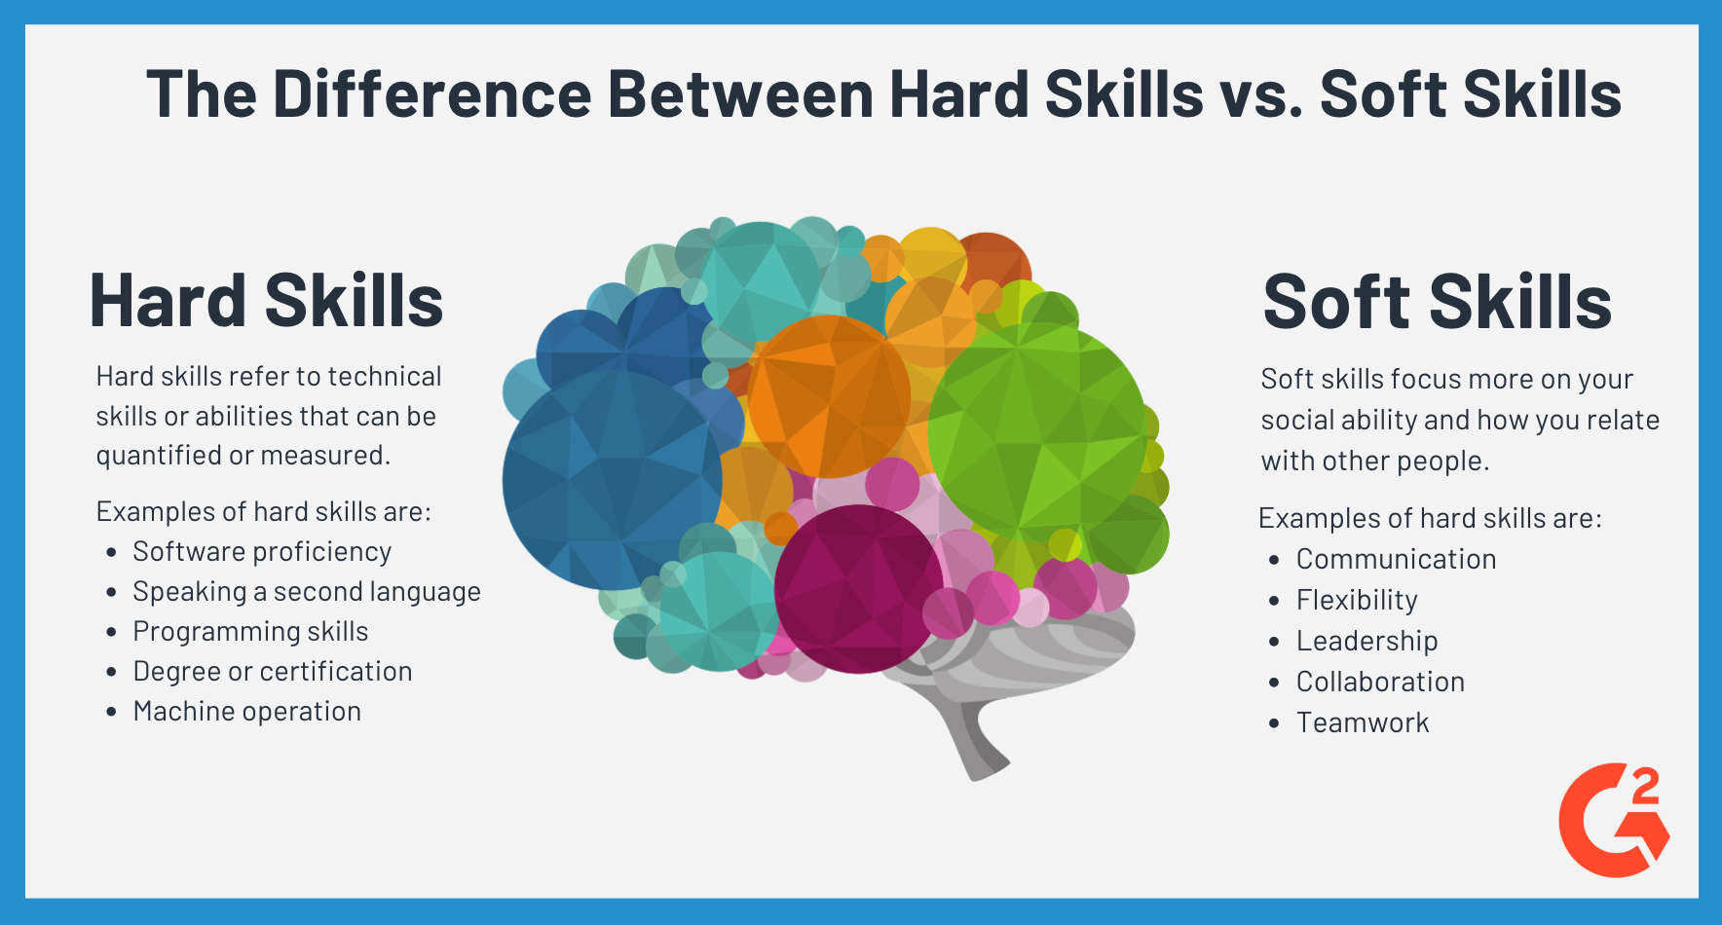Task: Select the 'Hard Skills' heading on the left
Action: coord(266,301)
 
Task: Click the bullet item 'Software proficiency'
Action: coord(262,552)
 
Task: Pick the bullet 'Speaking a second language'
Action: coord(307,592)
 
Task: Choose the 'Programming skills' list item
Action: coord(250,632)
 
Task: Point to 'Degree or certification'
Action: coord(273,672)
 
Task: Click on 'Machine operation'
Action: coord(247,712)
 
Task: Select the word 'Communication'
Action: coord(1396,560)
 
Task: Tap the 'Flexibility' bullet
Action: coord(1357,601)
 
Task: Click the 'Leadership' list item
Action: coord(1366,642)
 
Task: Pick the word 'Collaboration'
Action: coord(1380,683)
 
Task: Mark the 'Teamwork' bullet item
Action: coord(1363,723)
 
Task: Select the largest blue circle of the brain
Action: coord(612,480)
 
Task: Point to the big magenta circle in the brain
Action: coord(858,589)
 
